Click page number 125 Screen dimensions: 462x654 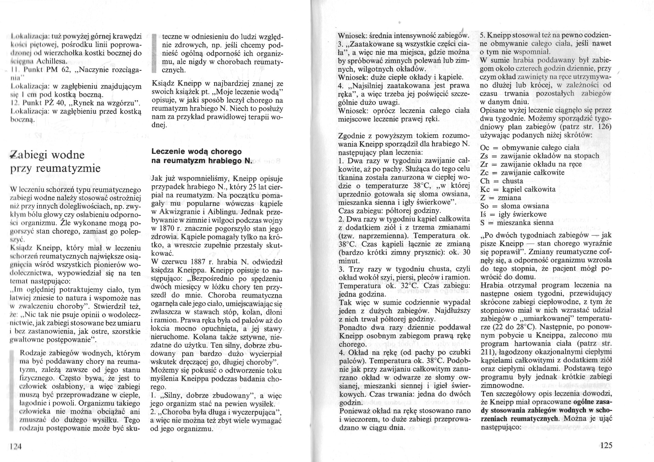click(605, 445)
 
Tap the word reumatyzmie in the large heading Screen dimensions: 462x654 click(72, 168)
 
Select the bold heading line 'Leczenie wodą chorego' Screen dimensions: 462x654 click(197, 151)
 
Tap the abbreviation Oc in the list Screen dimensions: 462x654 click(484, 148)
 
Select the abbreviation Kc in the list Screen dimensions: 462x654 click(484, 189)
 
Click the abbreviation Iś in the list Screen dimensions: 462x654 click(484, 214)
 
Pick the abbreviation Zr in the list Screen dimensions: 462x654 click(484, 164)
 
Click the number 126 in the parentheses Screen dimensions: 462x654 click(604, 127)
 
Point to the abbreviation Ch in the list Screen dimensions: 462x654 click(484, 181)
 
